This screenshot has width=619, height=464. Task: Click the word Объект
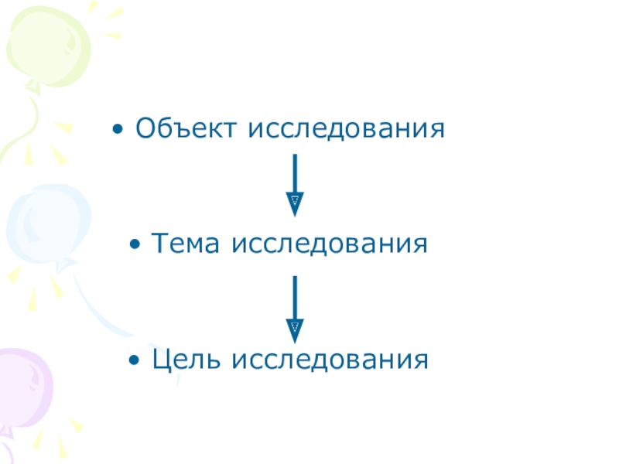[x=188, y=128]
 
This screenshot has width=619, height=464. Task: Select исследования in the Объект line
[x=346, y=128]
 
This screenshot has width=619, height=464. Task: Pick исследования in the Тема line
[x=330, y=244]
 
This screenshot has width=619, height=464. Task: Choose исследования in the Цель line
[x=330, y=360]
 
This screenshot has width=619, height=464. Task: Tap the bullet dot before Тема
[x=135, y=245]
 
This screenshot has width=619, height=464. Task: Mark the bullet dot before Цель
[x=135, y=360]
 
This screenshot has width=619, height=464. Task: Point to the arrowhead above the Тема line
[x=295, y=203]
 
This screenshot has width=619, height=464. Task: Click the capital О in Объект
[x=145, y=128]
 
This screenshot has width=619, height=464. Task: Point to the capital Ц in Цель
[x=161, y=360]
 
